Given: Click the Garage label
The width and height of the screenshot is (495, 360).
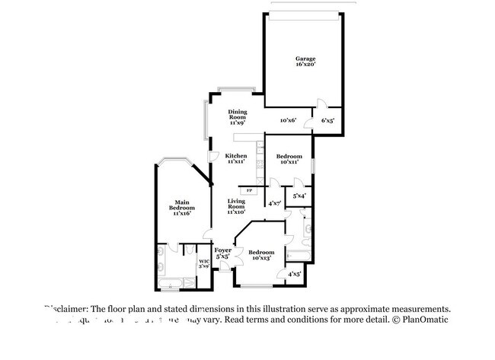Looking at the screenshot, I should pos(305,59).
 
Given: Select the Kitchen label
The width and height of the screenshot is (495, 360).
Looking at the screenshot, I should pos(236,155).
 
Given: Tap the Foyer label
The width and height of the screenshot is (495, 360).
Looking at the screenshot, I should pos(222,250).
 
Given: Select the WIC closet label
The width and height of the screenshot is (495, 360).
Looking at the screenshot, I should pos(203,262).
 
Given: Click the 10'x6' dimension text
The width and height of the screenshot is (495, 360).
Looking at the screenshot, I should pos(288,120).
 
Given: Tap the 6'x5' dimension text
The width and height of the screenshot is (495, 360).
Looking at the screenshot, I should pos(327,120).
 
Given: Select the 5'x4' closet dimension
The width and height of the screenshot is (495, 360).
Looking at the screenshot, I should pos(299,196).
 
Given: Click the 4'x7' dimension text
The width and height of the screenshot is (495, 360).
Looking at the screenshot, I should pos(275,203).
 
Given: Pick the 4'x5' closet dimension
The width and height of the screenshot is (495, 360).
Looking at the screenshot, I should pos(294,273).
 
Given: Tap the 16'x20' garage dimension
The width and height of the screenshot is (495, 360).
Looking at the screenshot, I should pos(305,65).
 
